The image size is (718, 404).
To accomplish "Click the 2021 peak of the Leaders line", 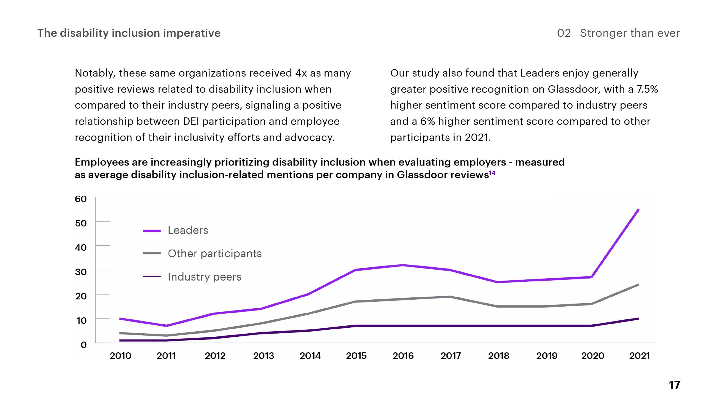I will [x=638, y=210].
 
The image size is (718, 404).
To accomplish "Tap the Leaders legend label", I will [x=188, y=230].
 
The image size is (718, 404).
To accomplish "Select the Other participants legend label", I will [x=215, y=254].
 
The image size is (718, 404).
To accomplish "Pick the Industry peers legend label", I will [x=204, y=277].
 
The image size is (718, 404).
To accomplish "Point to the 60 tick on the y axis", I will [x=81, y=199].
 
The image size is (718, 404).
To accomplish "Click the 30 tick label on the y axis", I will [x=81, y=272].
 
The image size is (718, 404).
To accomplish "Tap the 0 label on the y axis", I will [x=84, y=345].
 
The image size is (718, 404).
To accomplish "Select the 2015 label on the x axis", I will [x=356, y=356].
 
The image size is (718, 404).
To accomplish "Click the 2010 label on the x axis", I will [x=121, y=356].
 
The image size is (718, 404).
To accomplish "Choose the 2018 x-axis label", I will [x=498, y=356].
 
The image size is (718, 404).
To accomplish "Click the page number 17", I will [x=674, y=385].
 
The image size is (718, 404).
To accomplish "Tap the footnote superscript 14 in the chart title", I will [x=492, y=173].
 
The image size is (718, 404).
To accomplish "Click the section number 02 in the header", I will [x=564, y=33].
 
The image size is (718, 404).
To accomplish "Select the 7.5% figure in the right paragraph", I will [x=647, y=89].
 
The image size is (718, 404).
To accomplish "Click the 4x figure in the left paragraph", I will [x=301, y=73].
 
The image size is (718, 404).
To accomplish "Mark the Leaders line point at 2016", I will [x=403, y=265].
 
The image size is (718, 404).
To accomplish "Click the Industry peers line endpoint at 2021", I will [x=638, y=319].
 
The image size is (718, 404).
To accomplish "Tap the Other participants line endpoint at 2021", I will [x=638, y=285].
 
